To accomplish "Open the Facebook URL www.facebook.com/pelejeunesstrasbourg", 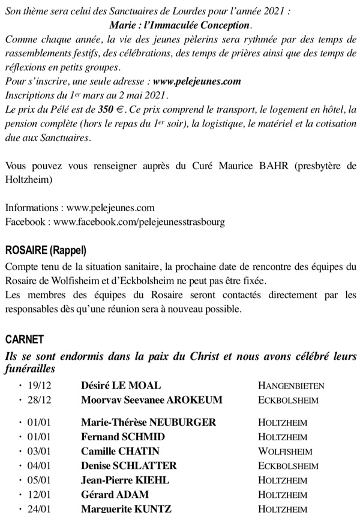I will [139, 222].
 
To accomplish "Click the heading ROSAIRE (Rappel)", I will [46, 250].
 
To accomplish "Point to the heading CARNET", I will [25, 339].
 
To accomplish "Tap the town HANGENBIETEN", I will [291, 387].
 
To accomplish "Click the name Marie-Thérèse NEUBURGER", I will [148, 423].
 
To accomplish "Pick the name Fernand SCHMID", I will [123, 437].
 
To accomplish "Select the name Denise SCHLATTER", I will [129, 466].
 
